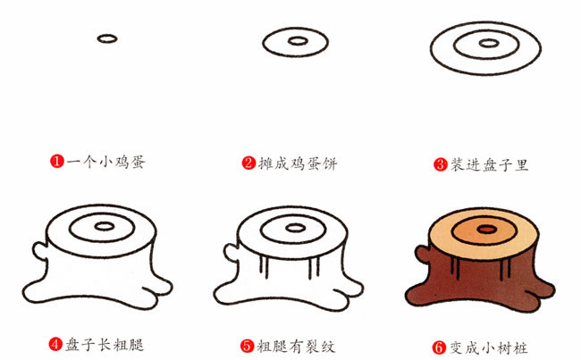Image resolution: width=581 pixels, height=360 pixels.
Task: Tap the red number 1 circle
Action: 55,163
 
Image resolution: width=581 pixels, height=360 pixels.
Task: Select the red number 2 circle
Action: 248,163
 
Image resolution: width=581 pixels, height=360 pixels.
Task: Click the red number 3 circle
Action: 440,163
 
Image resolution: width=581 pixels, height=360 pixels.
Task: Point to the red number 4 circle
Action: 55,343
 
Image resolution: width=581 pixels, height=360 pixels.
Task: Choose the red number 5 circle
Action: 248,343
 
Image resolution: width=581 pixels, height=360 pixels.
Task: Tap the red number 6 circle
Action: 440,343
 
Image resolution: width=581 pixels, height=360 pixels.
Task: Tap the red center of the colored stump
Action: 485,230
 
